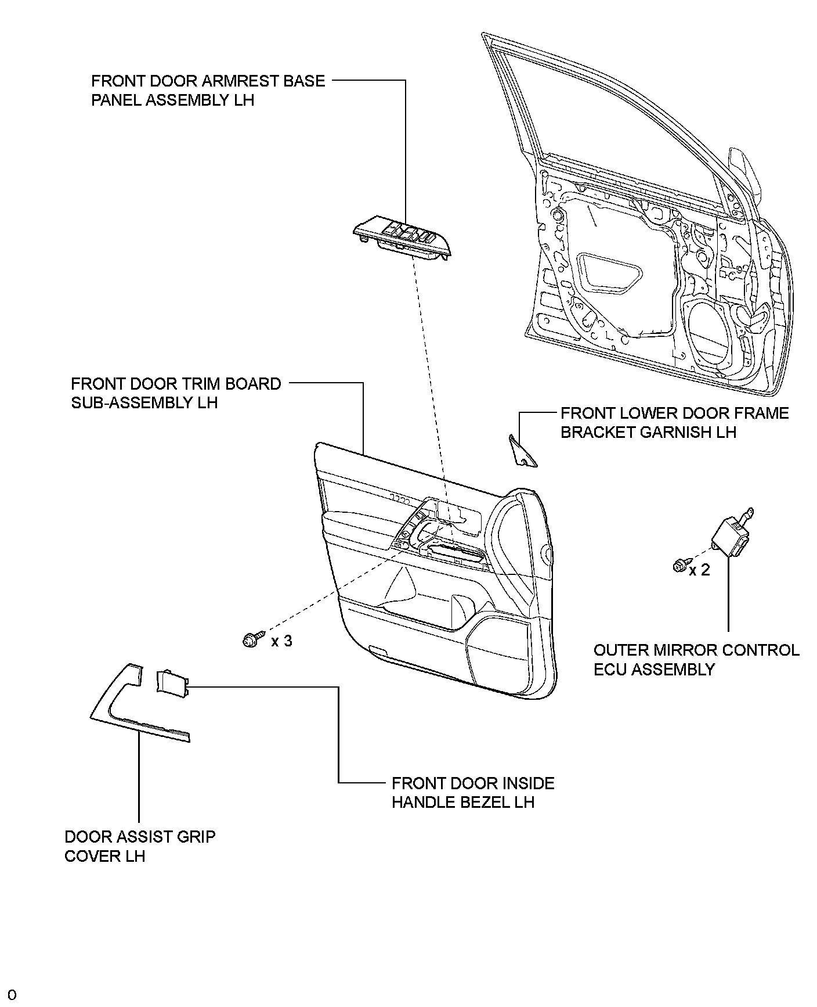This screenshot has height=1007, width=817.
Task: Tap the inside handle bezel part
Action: tap(171, 681)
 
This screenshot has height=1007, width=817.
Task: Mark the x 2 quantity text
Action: tap(699, 570)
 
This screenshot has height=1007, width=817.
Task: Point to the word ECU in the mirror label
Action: tap(610, 669)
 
